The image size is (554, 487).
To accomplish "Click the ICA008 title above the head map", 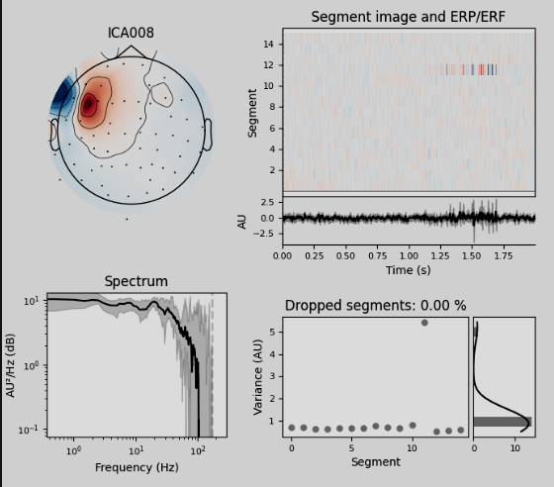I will point(131,34).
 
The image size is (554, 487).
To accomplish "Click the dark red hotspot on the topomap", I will point(89,104).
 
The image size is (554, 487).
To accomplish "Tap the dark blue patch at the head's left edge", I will point(63,96).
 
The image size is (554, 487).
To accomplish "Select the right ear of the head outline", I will point(209,132).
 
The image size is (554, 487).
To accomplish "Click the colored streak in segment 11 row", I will point(469,70).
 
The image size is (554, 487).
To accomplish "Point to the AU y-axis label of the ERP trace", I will point(242,220).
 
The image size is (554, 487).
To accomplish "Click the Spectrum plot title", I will point(136,282).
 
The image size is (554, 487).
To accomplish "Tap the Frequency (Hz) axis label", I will point(136,466).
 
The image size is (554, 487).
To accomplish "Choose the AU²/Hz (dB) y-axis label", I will point(11,364).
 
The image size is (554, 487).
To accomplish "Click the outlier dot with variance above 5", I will point(424,323).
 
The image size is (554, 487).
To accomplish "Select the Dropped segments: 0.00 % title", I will point(375,305).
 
